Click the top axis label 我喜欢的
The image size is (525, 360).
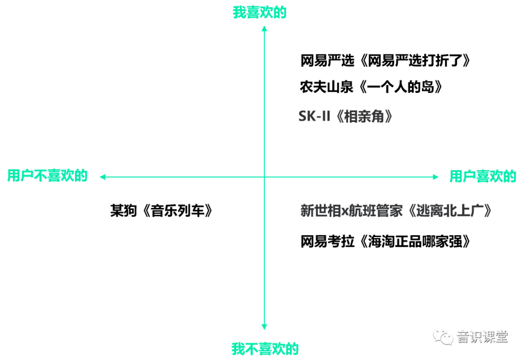click(260, 12)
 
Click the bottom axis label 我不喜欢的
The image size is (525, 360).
click(265, 349)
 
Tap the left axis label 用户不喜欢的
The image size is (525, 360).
click(47, 176)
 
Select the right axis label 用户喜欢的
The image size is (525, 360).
click(483, 176)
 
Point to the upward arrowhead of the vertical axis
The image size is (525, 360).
click(264, 29)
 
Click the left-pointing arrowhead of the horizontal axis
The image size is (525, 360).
click(103, 177)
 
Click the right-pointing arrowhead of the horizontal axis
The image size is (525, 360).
click(436, 177)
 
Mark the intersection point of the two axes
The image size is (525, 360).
click(264, 177)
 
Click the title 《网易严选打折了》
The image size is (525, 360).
click(415, 61)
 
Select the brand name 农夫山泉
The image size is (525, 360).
click(327, 87)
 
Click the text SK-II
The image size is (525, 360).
click(315, 117)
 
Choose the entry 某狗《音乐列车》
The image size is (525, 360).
click(161, 211)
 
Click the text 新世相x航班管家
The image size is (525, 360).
click(351, 211)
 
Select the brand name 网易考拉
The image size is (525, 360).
click(327, 241)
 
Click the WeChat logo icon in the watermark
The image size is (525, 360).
click(443, 336)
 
